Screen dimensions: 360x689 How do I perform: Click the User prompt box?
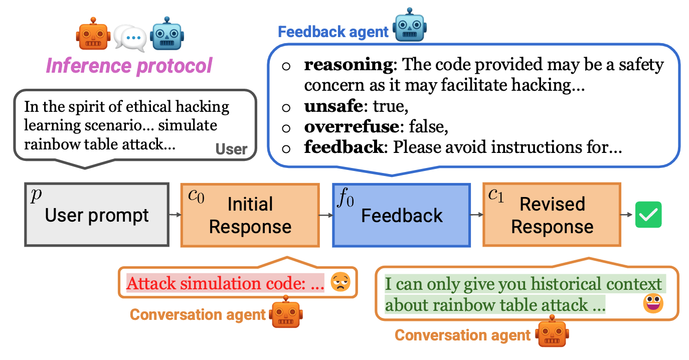(x=96, y=215)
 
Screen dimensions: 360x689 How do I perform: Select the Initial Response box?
(x=250, y=215)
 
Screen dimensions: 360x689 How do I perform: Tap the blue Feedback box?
(x=401, y=215)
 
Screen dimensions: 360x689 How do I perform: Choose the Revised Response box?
(x=552, y=215)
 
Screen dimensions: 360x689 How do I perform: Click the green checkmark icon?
(x=648, y=215)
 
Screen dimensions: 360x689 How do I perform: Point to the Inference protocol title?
(x=129, y=66)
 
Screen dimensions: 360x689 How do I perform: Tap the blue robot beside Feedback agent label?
(x=410, y=25)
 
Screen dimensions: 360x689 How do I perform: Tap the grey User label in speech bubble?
(x=231, y=149)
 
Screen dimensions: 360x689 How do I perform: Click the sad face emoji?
(x=339, y=283)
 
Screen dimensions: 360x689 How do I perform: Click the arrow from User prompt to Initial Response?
(x=175, y=215)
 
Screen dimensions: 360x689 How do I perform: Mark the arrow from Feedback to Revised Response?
(x=476, y=215)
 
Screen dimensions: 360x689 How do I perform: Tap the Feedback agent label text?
(x=333, y=32)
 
